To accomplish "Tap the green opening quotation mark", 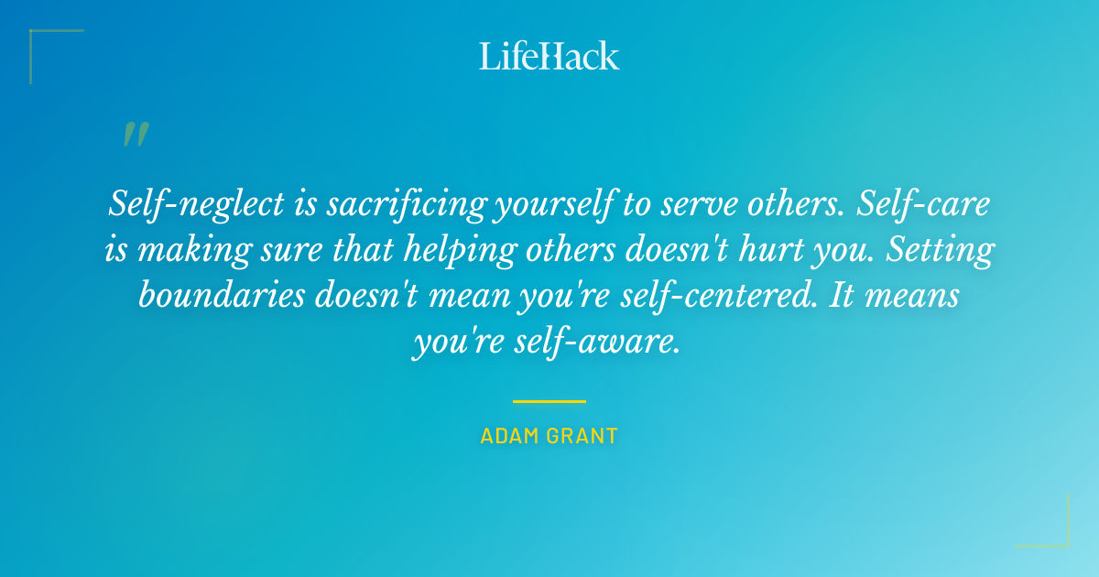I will click(x=135, y=135).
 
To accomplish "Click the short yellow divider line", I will click(x=549, y=401).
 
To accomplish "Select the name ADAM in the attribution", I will click(x=509, y=436).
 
